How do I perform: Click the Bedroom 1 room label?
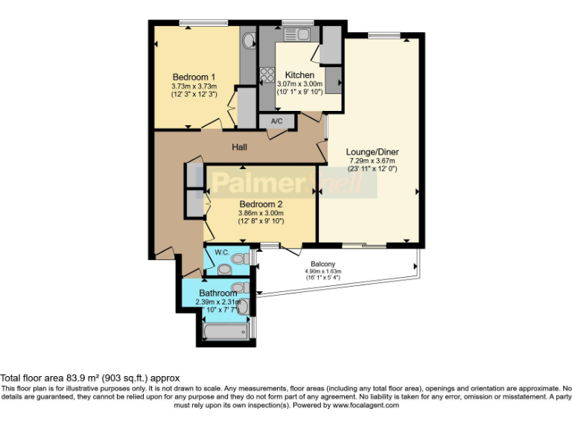click(x=194, y=77)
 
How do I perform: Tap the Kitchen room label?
click(x=300, y=75)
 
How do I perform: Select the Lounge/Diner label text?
click(x=372, y=151)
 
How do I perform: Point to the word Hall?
click(x=239, y=147)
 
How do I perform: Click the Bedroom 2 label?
click(x=261, y=203)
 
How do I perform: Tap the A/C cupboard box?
click(x=276, y=121)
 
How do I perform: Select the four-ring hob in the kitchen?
click(x=266, y=74)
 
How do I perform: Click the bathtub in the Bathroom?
click(x=226, y=329)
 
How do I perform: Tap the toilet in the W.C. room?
click(x=238, y=258)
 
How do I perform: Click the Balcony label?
click(x=322, y=264)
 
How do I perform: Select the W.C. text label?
click(x=221, y=252)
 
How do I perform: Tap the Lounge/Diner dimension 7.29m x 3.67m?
click(x=372, y=161)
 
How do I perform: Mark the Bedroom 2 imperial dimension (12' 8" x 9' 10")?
click(x=261, y=221)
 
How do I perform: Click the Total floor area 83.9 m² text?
click(x=89, y=378)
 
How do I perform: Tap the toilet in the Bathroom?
click(x=239, y=287)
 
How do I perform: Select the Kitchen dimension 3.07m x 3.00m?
click(x=299, y=85)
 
